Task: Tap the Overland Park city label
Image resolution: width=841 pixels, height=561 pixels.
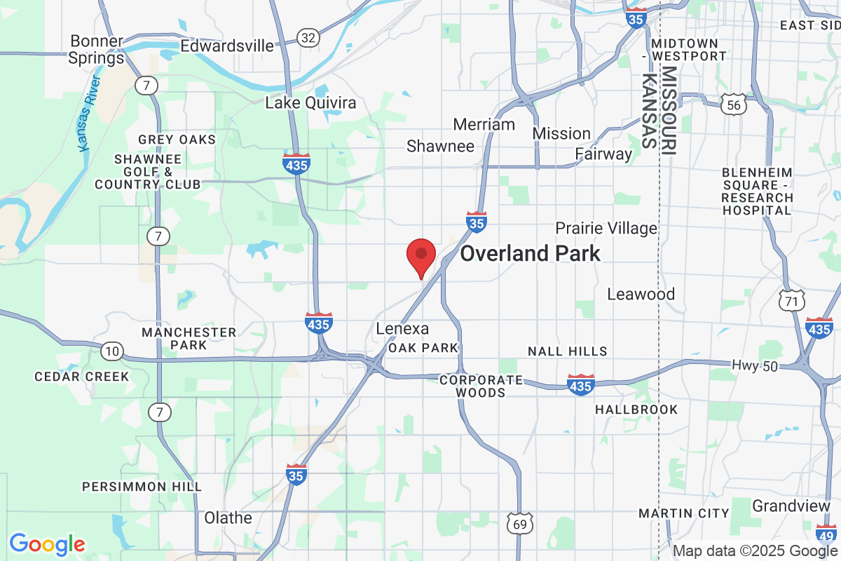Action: [530, 253]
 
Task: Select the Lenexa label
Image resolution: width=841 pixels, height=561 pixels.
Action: [402, 329]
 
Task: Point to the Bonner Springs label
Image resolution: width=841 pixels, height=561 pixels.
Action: [97, 50]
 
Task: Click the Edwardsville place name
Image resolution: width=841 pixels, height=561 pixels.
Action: [227, 46]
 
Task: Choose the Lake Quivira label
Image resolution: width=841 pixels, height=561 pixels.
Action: [310, 103]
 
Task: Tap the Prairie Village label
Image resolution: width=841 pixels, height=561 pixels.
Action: [606, 228]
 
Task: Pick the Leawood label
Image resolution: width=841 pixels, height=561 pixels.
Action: [641, 294]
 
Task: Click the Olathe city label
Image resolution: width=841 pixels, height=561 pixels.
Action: [228, 518]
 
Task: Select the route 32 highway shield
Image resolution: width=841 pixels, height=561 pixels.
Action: [307, 37]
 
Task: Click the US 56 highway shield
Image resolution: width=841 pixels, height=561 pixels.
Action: [733, 105]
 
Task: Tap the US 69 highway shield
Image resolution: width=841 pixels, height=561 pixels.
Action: [519, 523]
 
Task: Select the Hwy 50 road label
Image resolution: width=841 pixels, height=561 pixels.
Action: [754, 365]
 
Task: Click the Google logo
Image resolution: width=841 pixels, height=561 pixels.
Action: [47, 543]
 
